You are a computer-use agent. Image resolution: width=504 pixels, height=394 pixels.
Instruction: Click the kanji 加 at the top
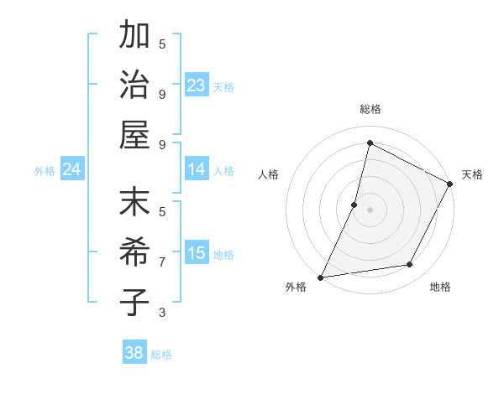point(135,36)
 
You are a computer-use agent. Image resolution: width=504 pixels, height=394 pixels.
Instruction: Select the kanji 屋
point(135,133)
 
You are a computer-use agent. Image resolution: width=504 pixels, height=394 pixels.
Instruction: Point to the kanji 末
point(135,204)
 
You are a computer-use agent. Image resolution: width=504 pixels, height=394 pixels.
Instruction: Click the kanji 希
point(135,252)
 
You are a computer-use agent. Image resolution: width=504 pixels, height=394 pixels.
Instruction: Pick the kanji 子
point(135,301)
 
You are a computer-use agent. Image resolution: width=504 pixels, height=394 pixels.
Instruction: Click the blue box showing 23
point(197,86)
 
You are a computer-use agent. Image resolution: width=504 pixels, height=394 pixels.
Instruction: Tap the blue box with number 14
point(197,170)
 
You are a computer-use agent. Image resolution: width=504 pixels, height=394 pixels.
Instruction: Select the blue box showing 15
point(197,254)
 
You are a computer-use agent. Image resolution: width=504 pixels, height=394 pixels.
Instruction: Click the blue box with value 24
point(72,170)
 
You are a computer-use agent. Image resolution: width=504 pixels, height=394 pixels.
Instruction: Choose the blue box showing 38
point(134,353)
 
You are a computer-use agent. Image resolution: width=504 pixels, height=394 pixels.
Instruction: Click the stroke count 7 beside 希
point(162,262)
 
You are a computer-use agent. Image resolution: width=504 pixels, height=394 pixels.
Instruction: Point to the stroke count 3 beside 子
point(162,313)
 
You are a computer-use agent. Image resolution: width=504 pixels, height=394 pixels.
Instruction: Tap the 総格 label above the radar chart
point(370,109)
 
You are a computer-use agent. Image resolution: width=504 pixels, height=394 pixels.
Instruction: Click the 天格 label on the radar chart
point(472,174)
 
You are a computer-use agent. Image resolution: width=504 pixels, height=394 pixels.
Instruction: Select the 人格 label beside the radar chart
point(269,174)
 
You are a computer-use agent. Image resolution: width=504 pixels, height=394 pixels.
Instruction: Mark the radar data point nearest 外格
point(320,277)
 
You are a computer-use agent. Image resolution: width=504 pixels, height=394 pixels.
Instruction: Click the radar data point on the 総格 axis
point(370,143)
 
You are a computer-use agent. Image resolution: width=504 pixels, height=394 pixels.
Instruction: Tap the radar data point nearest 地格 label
point(410,265)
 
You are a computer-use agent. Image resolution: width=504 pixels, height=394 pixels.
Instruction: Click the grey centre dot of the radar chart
point(370,210)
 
